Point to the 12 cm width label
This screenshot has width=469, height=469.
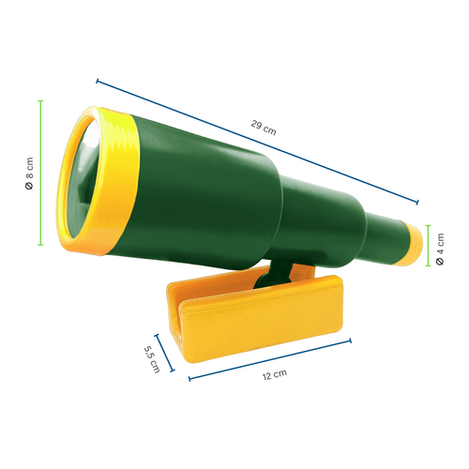click(274, 374)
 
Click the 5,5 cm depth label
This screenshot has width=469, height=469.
click(151, 356)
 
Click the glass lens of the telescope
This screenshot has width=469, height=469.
click(82, 179)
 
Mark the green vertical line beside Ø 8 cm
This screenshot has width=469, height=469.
click(41, 173)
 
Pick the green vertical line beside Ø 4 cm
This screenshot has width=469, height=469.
click(428, 246)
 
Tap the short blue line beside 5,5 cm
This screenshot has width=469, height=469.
click(165, 353)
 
